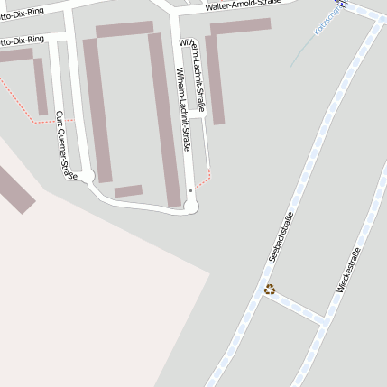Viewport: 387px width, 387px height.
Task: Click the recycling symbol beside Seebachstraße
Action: click(x=269, y=290)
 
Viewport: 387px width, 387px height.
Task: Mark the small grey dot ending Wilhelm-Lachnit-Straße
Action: click(x=191, y=191)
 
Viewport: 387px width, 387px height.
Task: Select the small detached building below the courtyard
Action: click(x=128, y=190)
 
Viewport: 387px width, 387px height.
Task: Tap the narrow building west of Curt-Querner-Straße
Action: click(x=41, y=87)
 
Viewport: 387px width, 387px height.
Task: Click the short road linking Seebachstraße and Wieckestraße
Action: click(x=296, y=306)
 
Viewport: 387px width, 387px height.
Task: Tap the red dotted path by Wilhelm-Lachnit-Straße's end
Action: click(x=204, y=180)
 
